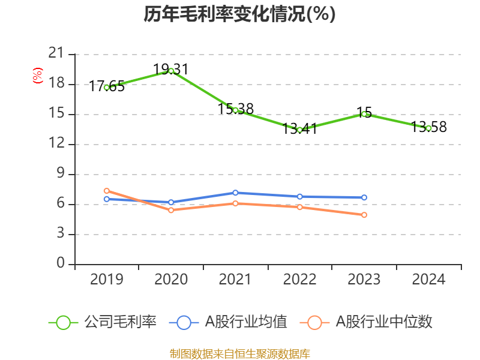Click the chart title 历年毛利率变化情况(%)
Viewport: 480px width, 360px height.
click(239, 14)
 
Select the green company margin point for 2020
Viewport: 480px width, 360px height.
click(171, 71)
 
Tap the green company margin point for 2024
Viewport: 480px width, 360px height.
click(428, 128)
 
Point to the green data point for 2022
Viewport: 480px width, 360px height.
click(299, 130)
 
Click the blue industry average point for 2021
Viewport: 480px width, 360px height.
click(235, 193)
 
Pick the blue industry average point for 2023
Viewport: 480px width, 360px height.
click(364, 197)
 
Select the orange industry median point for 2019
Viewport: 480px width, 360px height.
click(107, 191)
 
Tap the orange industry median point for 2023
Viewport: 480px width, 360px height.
click(364, 215)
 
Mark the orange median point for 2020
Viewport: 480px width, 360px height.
click(171, 210)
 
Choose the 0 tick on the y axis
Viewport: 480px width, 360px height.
click(61, 264)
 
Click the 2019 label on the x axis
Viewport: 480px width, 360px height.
click(107, 280)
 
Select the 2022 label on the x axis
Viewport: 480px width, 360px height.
click(299, 280)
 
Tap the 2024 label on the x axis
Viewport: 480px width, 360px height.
click(428, 280)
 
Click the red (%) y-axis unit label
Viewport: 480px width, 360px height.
click(38, 76)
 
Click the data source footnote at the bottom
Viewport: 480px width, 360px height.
click(239, 353)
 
